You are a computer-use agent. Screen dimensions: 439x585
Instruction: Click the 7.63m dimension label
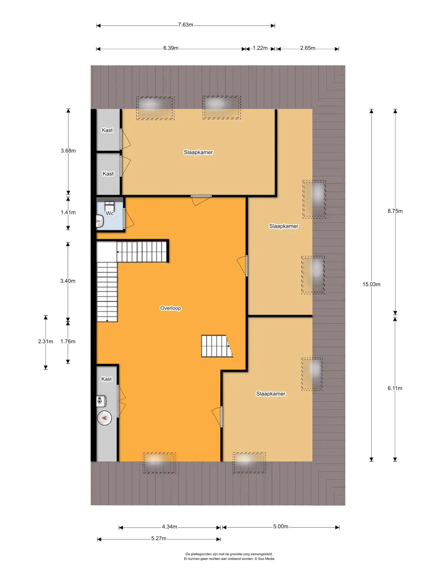(186, 25)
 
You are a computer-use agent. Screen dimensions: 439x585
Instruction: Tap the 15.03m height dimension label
(371, 284)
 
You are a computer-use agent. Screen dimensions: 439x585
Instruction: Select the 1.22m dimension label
(260, 48)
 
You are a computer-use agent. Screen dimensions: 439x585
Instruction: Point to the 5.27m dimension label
(159, 538)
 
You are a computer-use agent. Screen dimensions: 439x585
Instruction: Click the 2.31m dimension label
(45, 342)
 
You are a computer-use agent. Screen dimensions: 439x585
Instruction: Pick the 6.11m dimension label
(395, 388)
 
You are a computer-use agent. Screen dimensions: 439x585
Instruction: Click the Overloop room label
(170, 308)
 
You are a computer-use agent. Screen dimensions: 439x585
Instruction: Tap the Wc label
(110, 213)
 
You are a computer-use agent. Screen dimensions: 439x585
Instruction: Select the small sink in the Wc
(100, 221)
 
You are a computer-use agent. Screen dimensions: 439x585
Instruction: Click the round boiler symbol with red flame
(104, 418)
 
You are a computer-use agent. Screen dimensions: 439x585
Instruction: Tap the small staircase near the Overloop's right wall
(217, 346)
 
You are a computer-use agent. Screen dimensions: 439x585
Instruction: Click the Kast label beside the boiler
(106, 379)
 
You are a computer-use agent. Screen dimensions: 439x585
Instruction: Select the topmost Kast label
(107, 130)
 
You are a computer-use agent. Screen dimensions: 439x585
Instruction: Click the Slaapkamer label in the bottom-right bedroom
(271, 394)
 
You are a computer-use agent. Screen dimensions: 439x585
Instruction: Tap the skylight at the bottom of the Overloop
(159, 463)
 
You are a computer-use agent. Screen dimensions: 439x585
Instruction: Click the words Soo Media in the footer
(266, 558)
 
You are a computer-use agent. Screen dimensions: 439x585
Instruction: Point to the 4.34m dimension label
(170, 526)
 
